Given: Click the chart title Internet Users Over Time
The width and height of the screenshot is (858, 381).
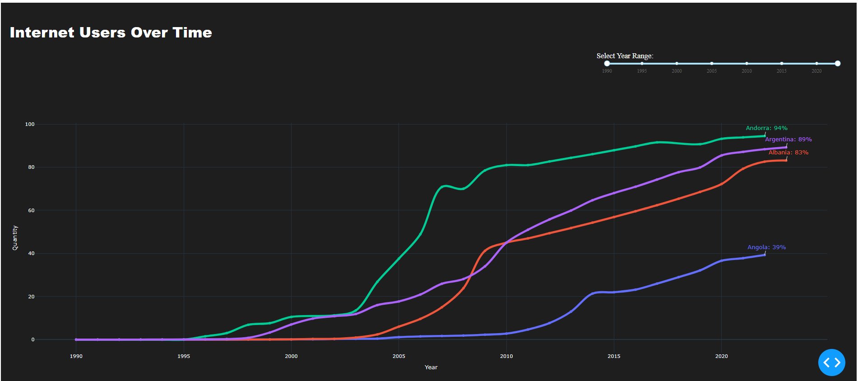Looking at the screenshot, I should [111, 33].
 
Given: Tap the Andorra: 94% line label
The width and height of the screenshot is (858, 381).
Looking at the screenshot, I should [766, 128].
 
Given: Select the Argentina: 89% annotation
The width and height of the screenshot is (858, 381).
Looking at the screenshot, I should [788, 139].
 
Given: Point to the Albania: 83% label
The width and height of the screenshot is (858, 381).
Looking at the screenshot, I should [788, 153].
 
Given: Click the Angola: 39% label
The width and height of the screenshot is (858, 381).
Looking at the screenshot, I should [766, 247].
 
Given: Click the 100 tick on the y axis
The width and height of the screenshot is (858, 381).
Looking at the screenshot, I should [30, 124].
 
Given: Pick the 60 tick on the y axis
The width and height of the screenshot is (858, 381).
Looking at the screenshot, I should [31, 210].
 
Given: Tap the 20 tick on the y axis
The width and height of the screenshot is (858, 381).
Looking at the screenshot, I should [31, 297].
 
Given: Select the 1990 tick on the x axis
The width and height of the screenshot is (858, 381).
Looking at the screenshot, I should [76, 356].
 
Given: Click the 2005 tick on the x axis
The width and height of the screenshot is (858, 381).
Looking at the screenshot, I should [399, 356].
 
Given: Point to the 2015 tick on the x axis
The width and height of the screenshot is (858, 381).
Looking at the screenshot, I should [614, 356].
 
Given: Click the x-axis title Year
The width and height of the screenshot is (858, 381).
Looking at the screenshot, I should [431, 367].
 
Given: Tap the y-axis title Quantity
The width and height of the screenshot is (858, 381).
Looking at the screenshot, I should [15, 238].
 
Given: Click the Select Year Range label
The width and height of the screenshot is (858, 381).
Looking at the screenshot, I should [625, 56].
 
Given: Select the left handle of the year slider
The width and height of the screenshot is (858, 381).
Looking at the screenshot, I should [607, 64].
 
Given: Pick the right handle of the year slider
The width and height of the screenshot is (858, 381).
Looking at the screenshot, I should [838, 64].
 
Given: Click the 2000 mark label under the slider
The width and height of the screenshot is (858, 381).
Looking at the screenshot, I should [677, 71].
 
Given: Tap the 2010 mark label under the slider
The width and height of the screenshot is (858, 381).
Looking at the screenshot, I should [747, 71].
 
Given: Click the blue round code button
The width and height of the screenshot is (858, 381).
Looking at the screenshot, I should [831, 362].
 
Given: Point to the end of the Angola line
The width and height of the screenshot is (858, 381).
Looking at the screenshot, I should [765, 255].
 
